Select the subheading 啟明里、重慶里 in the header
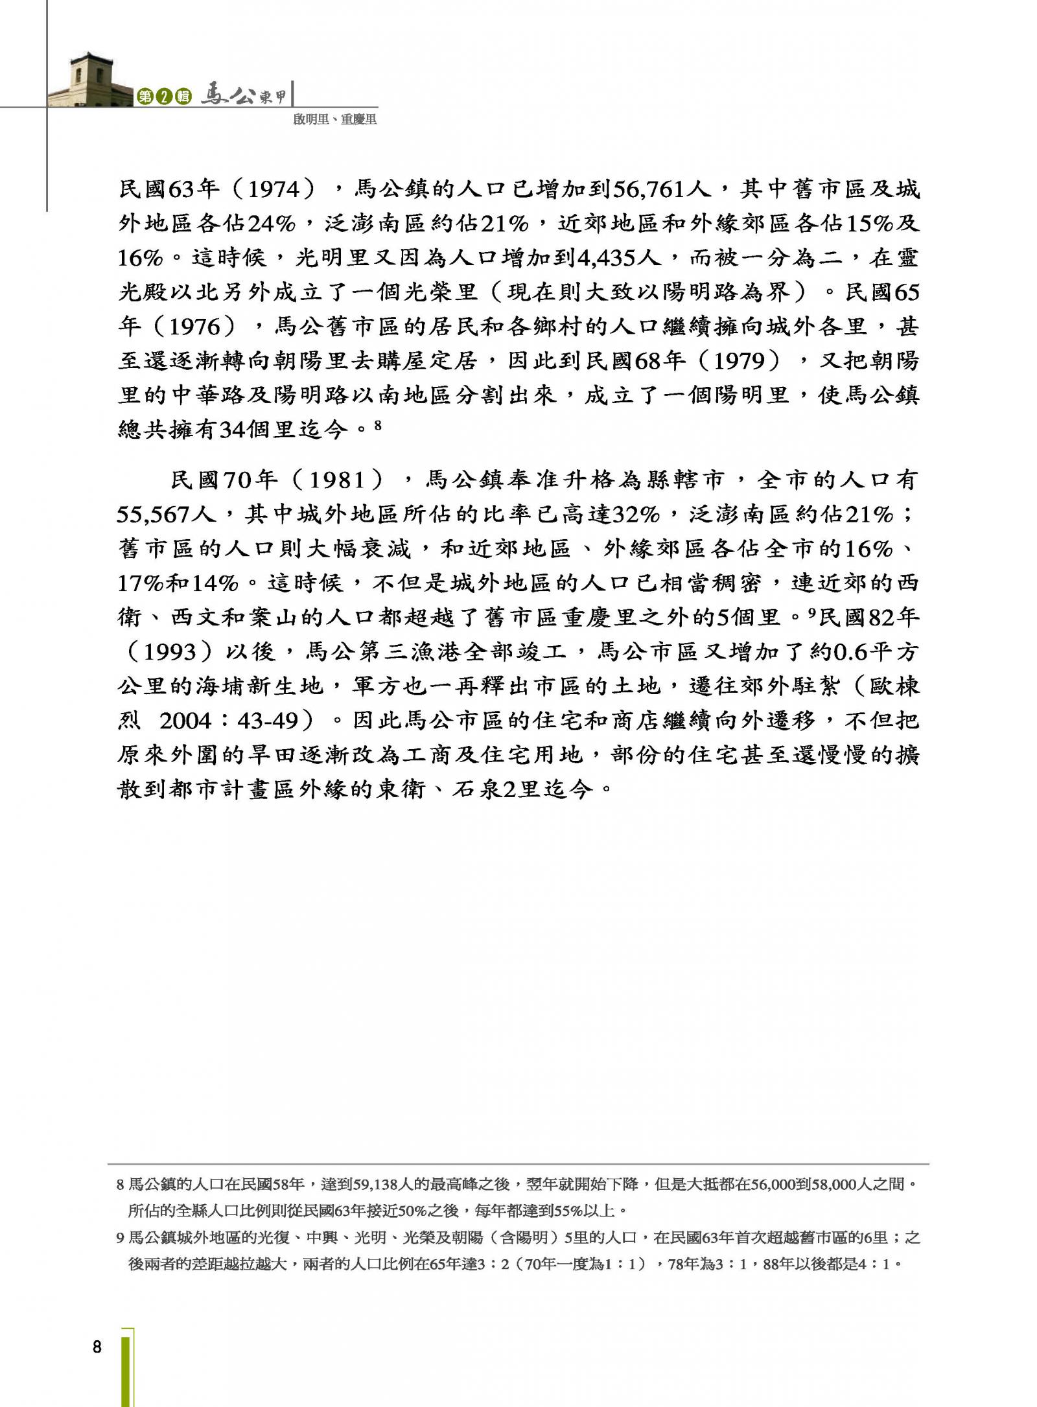[334, 119]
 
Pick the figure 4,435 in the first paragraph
[608, 258]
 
